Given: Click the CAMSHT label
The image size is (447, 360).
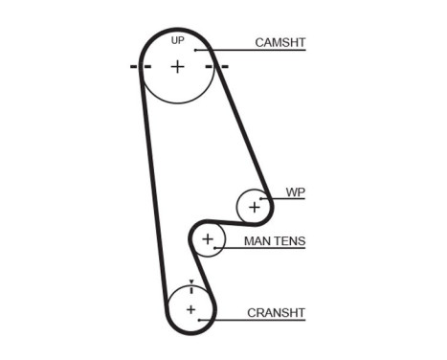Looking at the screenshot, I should (x=279, y=42).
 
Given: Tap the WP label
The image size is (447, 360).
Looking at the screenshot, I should (x=295, y=192).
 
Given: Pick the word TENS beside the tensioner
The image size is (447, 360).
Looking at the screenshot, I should (x=290, y=240).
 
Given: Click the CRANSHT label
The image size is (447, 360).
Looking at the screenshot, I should (x=276, y=311).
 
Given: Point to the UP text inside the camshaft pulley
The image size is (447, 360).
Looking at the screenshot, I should (x=177, y=40).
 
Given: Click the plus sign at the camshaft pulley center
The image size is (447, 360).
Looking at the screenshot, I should (x=177, y=66).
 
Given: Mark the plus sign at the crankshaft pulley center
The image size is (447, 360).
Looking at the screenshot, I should (x=190, y=308).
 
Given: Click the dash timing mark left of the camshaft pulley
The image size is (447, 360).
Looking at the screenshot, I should (x=135, y=66).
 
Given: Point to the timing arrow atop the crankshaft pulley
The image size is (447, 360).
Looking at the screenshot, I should (x=191, y=285).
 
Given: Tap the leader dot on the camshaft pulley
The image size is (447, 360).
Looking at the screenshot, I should (x=194, y=50).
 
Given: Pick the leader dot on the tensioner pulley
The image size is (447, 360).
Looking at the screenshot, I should (x=215, y=248).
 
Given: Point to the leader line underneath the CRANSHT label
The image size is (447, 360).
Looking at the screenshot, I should (x=254, y=320).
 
